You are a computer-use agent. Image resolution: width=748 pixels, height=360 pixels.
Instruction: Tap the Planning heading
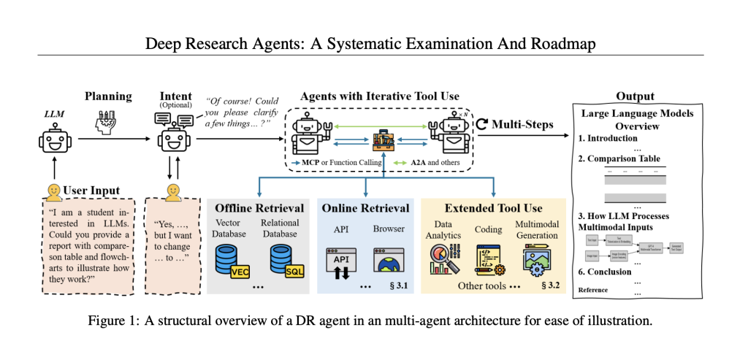(x=108, y=96)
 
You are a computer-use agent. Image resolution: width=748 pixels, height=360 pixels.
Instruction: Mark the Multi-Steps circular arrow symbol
(x=482, y=124)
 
